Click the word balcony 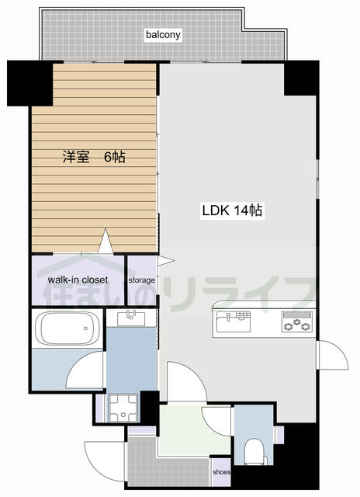163,34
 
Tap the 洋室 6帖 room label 94,157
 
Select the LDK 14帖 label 232,210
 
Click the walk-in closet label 78,280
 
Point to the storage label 141,280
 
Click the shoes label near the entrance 221,472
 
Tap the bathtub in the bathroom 67,328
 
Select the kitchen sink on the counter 234,321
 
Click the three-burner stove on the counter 297,321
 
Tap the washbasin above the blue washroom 131,318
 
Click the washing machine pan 123,408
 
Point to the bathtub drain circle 86,328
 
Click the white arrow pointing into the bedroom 106,241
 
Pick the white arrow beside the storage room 166,261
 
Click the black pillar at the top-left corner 30,83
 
